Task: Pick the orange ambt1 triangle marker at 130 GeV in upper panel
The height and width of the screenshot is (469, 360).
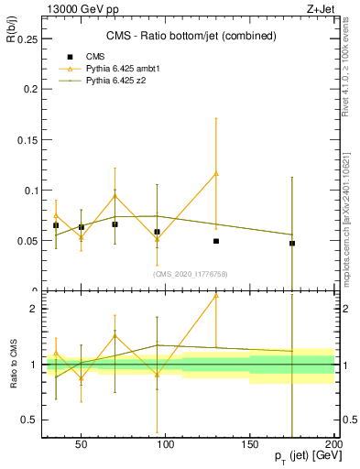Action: (x=216, y=173)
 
